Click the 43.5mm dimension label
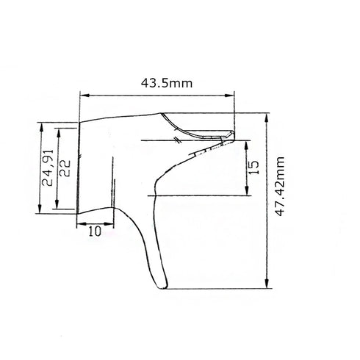tap(167, 84)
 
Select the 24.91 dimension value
tap(48, 169)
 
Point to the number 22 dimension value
tap(65, 169)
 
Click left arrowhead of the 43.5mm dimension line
tap(82, 95)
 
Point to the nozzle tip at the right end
tap(232, 133)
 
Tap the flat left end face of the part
tap(78, 169)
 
